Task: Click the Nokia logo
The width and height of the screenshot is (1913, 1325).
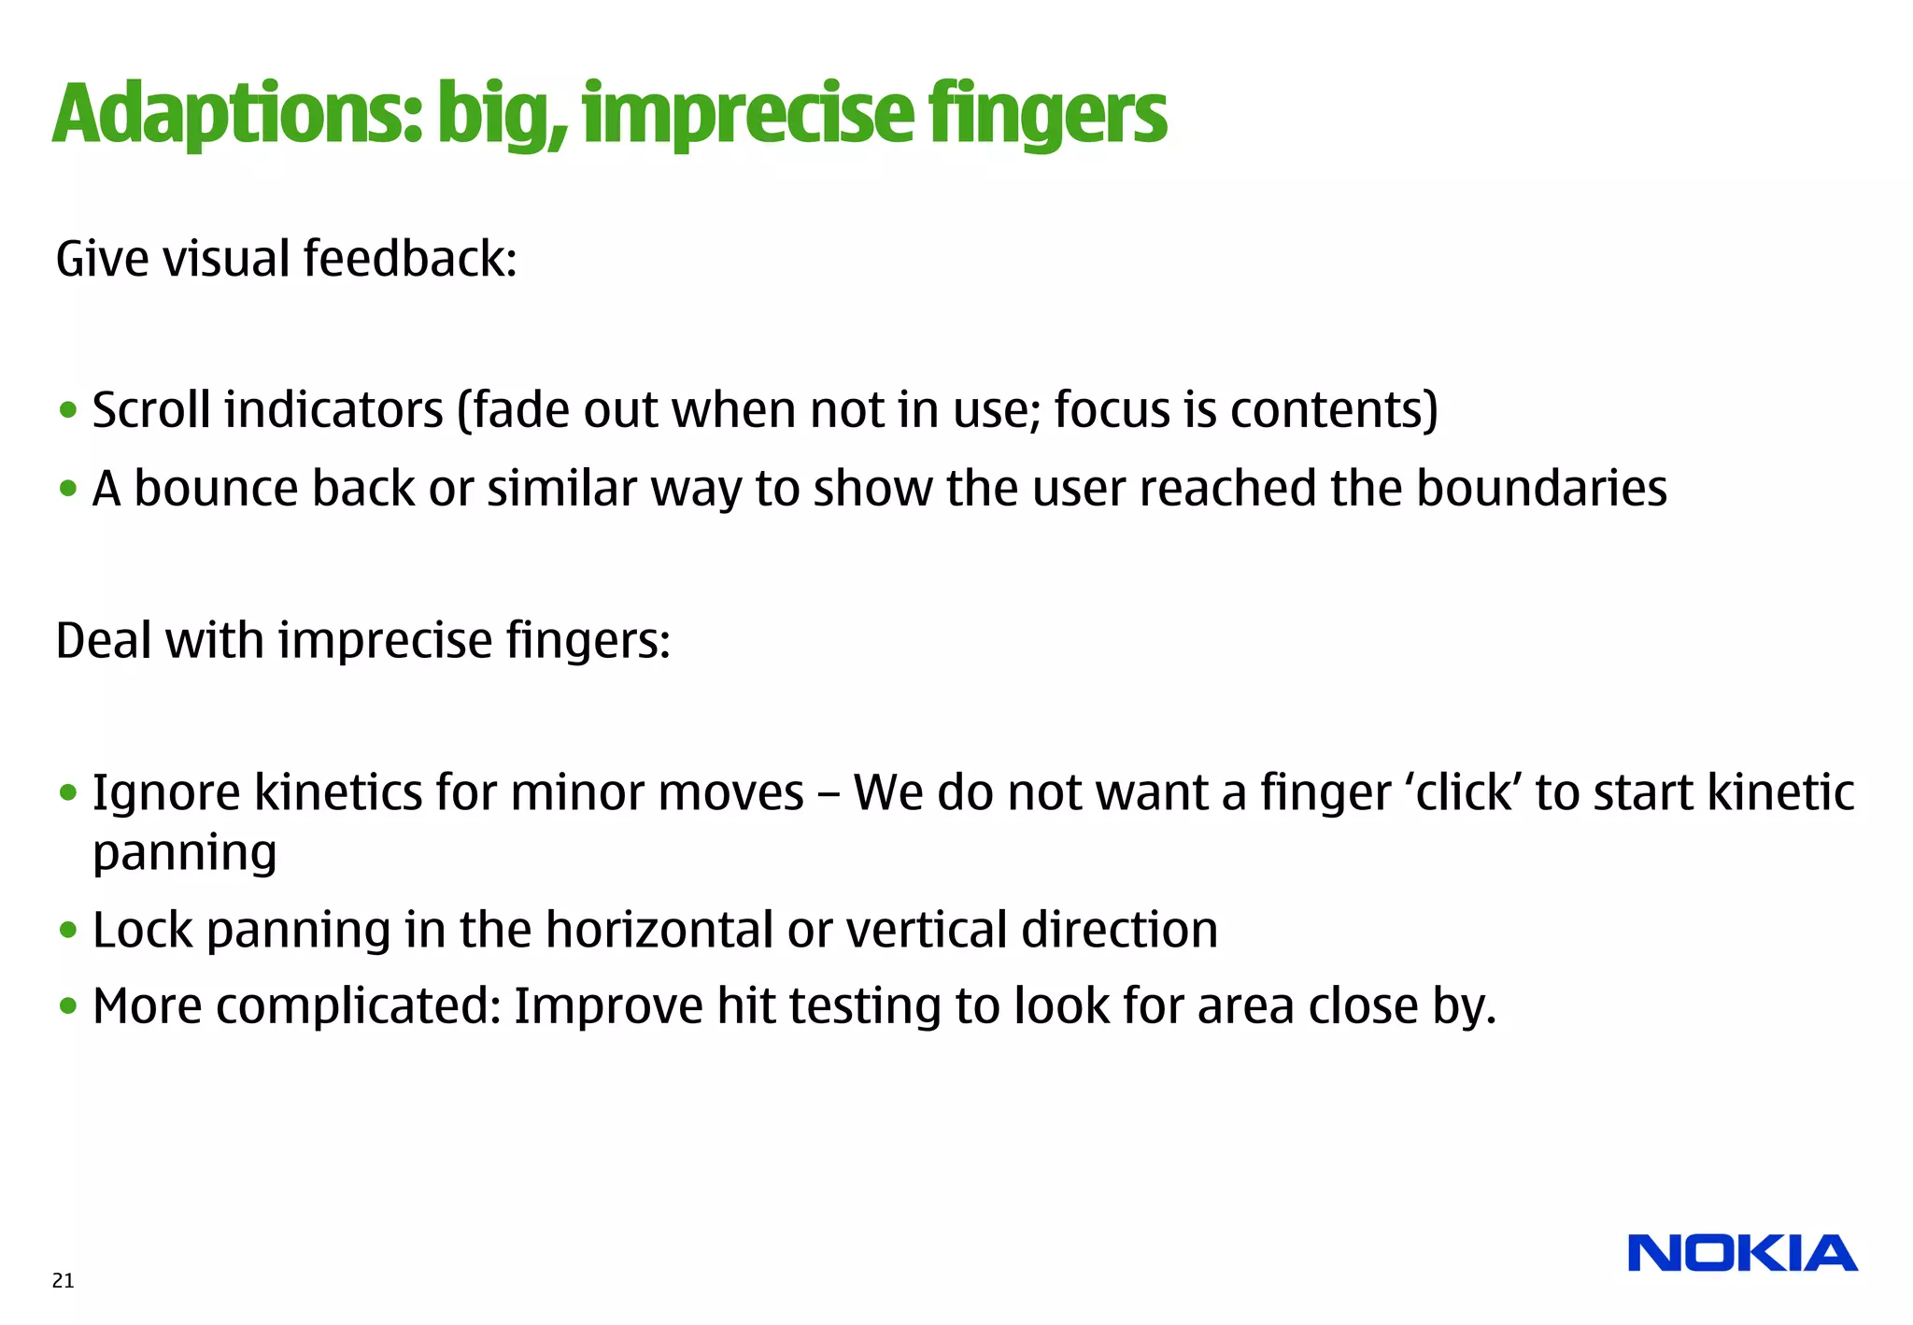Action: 1742,1253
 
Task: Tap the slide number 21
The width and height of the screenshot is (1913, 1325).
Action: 63,1281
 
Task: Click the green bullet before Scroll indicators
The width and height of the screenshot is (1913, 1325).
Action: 67,410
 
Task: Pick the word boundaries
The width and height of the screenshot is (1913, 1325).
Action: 1541,489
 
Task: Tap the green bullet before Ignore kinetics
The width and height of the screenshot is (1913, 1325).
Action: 67,793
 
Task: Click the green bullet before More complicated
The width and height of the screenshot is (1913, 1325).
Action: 67,1007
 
